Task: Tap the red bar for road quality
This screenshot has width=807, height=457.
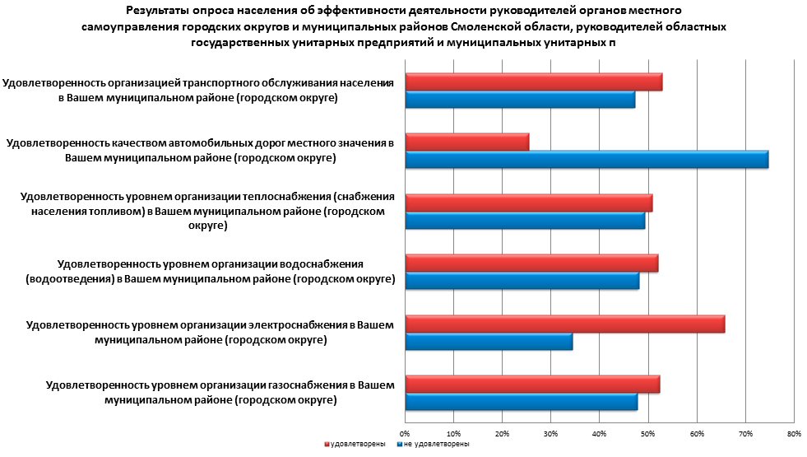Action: [x=466, y=142]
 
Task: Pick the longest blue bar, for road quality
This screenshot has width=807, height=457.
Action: [x=587, y=160]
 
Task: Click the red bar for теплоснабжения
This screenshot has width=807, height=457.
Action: [x=528, y=203]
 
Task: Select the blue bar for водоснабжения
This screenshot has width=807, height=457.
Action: [x=522, y=281]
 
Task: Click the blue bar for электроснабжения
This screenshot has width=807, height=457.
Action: [x=489, y=341]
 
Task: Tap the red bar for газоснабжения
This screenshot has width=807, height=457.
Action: [x=532, y=384]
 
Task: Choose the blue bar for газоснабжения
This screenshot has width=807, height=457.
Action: [x=521, y=402]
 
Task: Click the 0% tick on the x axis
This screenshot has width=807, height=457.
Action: [x=405, y=432]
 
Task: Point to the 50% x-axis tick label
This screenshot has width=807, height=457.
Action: [x=648, y=432]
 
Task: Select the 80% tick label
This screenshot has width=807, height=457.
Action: [x=794, y=432]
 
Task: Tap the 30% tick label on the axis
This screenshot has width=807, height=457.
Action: [x=551, y=432]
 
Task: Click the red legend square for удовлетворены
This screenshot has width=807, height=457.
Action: [x=326, y=445]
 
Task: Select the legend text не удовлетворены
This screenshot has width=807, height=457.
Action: [x=437, y=445]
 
